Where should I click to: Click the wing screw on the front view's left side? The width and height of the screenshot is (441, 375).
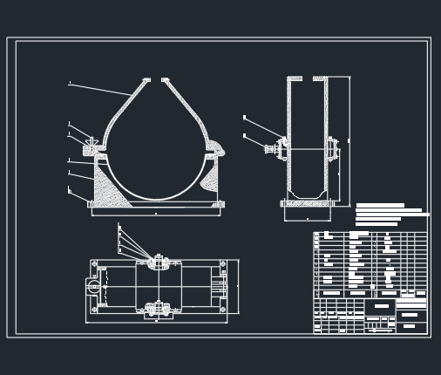pyautogui.click(x=91, y=141)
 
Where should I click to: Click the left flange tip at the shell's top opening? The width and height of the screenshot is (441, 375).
pyautogui.click(x=146, y=80)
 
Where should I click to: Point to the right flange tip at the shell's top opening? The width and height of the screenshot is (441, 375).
pyautogui.click(x=164, y=80)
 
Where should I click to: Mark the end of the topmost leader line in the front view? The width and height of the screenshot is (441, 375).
pyautogui.click(x=70, y=84)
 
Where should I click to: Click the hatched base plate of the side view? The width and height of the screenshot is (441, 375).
pyautogui.click(x=307, y=203)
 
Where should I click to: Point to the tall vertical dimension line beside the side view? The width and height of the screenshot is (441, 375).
pyautogui.click(x=349, y=140)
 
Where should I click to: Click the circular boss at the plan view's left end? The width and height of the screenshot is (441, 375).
pyautogui.click(x=92, y=284)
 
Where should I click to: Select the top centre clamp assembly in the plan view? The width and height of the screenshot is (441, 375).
pyautogui.click(x=157, y=261)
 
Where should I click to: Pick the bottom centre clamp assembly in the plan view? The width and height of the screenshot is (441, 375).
pyautogui.click(x=157, y=308)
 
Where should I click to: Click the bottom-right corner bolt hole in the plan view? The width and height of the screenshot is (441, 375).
pyautogui.click(x=222, y=309)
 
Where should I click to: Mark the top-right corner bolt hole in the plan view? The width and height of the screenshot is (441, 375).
pyautogui.click(x=222, y=263)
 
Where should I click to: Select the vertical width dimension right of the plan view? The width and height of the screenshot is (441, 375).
pyautogui.click(x=237, y=285)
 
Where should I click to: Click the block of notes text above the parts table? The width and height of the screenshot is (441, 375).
pyautogui.click(x=390, y=215)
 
